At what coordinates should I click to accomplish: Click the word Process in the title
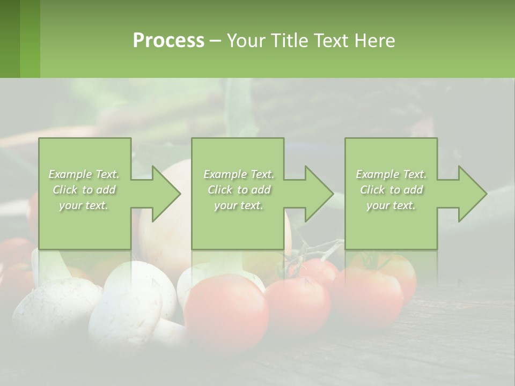tap(168, 41)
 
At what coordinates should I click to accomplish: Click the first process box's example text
tap(84, 190)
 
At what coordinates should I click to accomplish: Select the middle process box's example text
tap(238, 190)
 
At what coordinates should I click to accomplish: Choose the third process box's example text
tap(391, 190)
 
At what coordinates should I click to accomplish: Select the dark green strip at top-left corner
tap(10, 39)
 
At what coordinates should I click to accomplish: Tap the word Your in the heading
tap(247, 41)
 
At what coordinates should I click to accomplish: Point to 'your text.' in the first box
tap(84, 205)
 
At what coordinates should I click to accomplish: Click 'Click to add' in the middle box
tap(238, 190)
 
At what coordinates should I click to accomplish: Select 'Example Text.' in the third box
tap(391, 174)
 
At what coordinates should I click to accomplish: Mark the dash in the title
tap(215, 41)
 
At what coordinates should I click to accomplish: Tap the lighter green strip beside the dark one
tap(30, 39)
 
